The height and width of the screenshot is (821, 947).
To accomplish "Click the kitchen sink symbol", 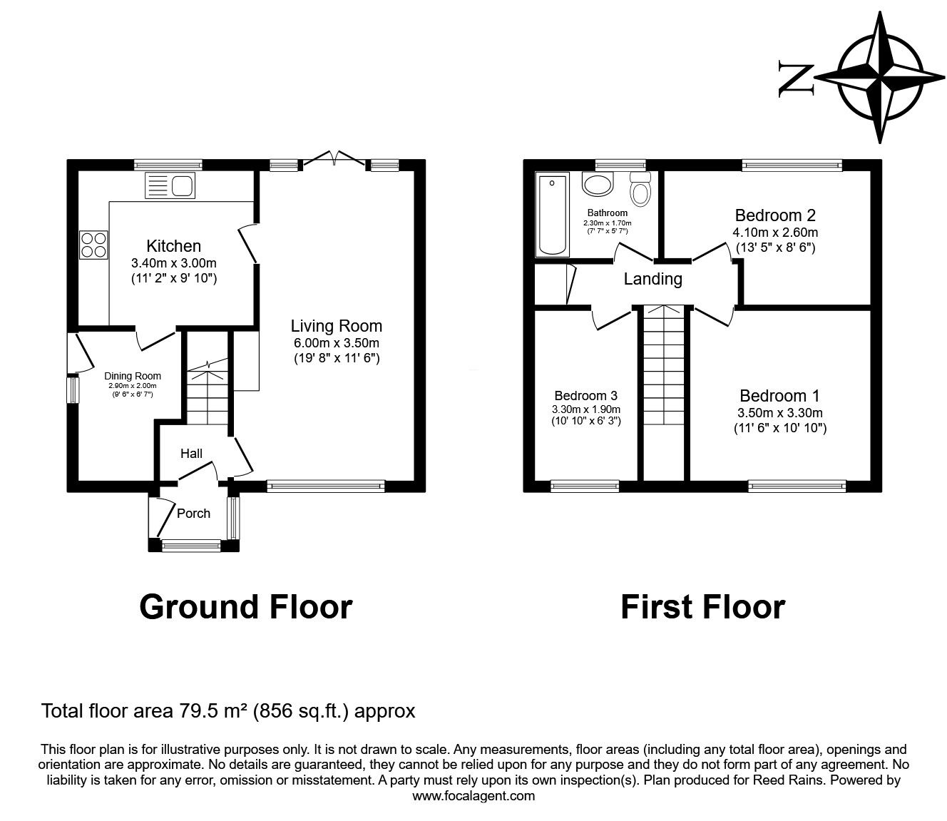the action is click(x=170, y=185).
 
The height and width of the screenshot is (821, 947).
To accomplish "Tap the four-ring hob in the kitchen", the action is click(x=93, y=245).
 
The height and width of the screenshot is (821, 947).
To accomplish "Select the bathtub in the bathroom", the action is click(x=552, y=214).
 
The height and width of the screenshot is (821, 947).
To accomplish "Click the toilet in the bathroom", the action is click(x=640, y=189).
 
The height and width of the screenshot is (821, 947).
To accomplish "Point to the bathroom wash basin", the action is click(x=598, y=184).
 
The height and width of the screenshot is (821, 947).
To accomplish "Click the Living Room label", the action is click(x=337, y=326).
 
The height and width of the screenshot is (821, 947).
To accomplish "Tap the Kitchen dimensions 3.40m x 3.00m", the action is click(x=173, y=263).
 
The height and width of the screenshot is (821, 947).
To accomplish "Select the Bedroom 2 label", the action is click(x=775, y=215).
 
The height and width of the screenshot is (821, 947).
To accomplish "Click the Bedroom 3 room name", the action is click(x=586, y=395).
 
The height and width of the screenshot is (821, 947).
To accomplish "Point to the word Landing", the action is click(x=653, y=279).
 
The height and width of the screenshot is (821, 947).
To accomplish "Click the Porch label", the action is click(x=193, y=514).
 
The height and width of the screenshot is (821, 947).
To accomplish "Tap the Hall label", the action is click(x=191, y=454).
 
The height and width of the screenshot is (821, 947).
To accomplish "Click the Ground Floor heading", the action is click(x=246, y=607).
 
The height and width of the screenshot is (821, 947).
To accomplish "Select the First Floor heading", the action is click(x=703, y=607).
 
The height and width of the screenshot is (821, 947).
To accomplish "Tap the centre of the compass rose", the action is click(x=880, y=77).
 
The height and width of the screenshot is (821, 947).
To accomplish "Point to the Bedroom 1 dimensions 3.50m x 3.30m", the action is click(x=779, y=412).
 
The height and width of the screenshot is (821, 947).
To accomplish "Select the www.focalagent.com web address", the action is click(x=473, y=795).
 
